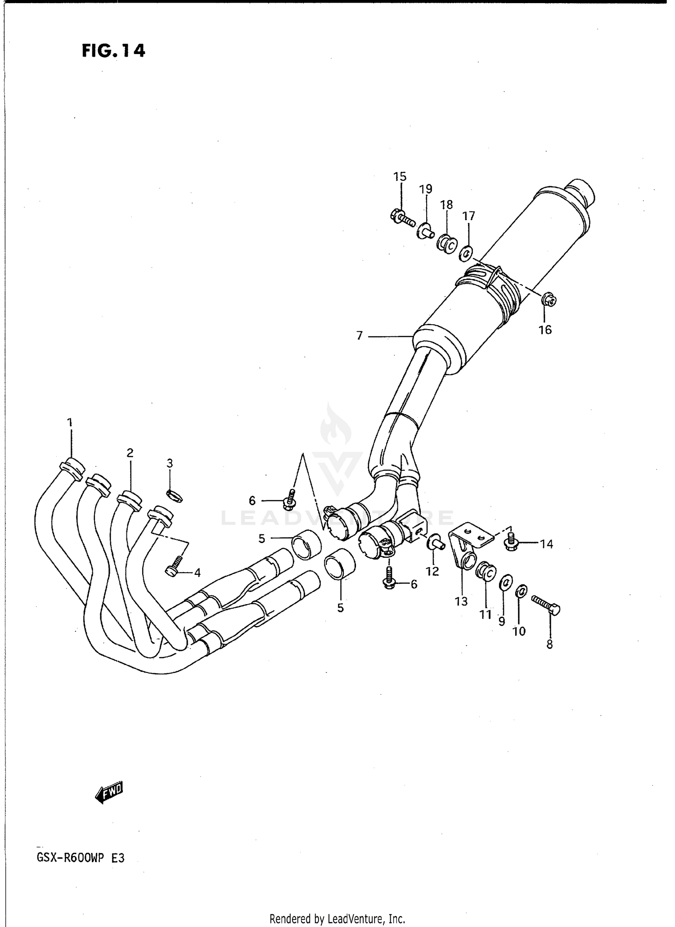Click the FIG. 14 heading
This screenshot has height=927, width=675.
[113, 51]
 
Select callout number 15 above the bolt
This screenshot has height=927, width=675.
[400, 176]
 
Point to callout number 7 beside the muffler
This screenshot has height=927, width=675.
[359, 335]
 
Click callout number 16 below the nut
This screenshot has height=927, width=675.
[544, 330]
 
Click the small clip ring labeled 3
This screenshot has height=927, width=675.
[175, 495]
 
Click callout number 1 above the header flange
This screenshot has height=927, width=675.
[70, 422]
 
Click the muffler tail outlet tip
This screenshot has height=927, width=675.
[580, 190]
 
